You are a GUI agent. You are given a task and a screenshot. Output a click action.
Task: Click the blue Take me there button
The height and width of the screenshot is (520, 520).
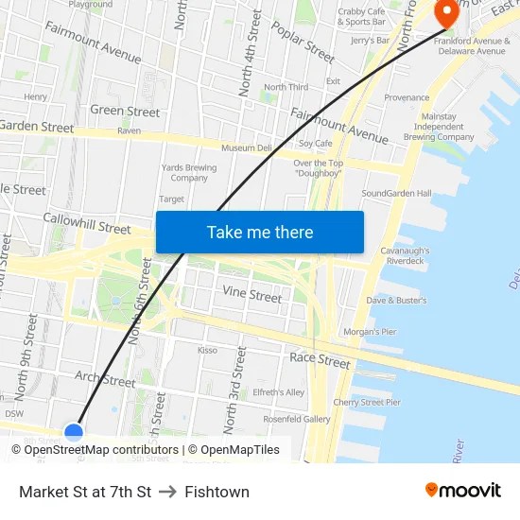(259, 232)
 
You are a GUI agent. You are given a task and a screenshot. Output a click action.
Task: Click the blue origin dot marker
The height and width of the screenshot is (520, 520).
(74, 432)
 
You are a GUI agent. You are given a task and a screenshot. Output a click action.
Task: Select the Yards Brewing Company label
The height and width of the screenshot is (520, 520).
(189, 173)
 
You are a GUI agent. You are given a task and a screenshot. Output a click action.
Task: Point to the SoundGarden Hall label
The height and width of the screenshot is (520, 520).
(396, 194)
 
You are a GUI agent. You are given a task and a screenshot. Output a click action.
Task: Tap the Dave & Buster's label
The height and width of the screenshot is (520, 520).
(396, 301)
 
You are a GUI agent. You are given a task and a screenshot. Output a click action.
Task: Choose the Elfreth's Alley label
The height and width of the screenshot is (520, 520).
(278, 392)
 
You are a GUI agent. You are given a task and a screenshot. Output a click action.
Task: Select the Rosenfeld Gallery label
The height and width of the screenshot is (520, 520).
(296, 419)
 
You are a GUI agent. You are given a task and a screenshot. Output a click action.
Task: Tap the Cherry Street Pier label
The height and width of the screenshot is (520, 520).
(367, 402)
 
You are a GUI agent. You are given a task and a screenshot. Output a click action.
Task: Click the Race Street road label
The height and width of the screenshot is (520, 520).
(320, 359)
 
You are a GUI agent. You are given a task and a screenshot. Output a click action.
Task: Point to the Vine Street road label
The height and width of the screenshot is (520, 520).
(251, 295)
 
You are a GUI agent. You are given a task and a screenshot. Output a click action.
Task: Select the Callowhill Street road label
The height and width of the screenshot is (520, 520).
(87, 223)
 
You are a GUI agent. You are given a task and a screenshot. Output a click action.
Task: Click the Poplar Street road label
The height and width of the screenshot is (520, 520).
(303, 42)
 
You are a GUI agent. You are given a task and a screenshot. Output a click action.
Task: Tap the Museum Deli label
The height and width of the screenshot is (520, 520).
(246, 148)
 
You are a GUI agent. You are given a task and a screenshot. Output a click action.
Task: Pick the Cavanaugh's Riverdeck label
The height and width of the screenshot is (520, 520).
(405, 255)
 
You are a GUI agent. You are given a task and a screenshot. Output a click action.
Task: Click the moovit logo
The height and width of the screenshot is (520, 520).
(462, 491)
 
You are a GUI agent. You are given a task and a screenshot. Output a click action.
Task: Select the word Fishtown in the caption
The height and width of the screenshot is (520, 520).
(217, 492)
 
